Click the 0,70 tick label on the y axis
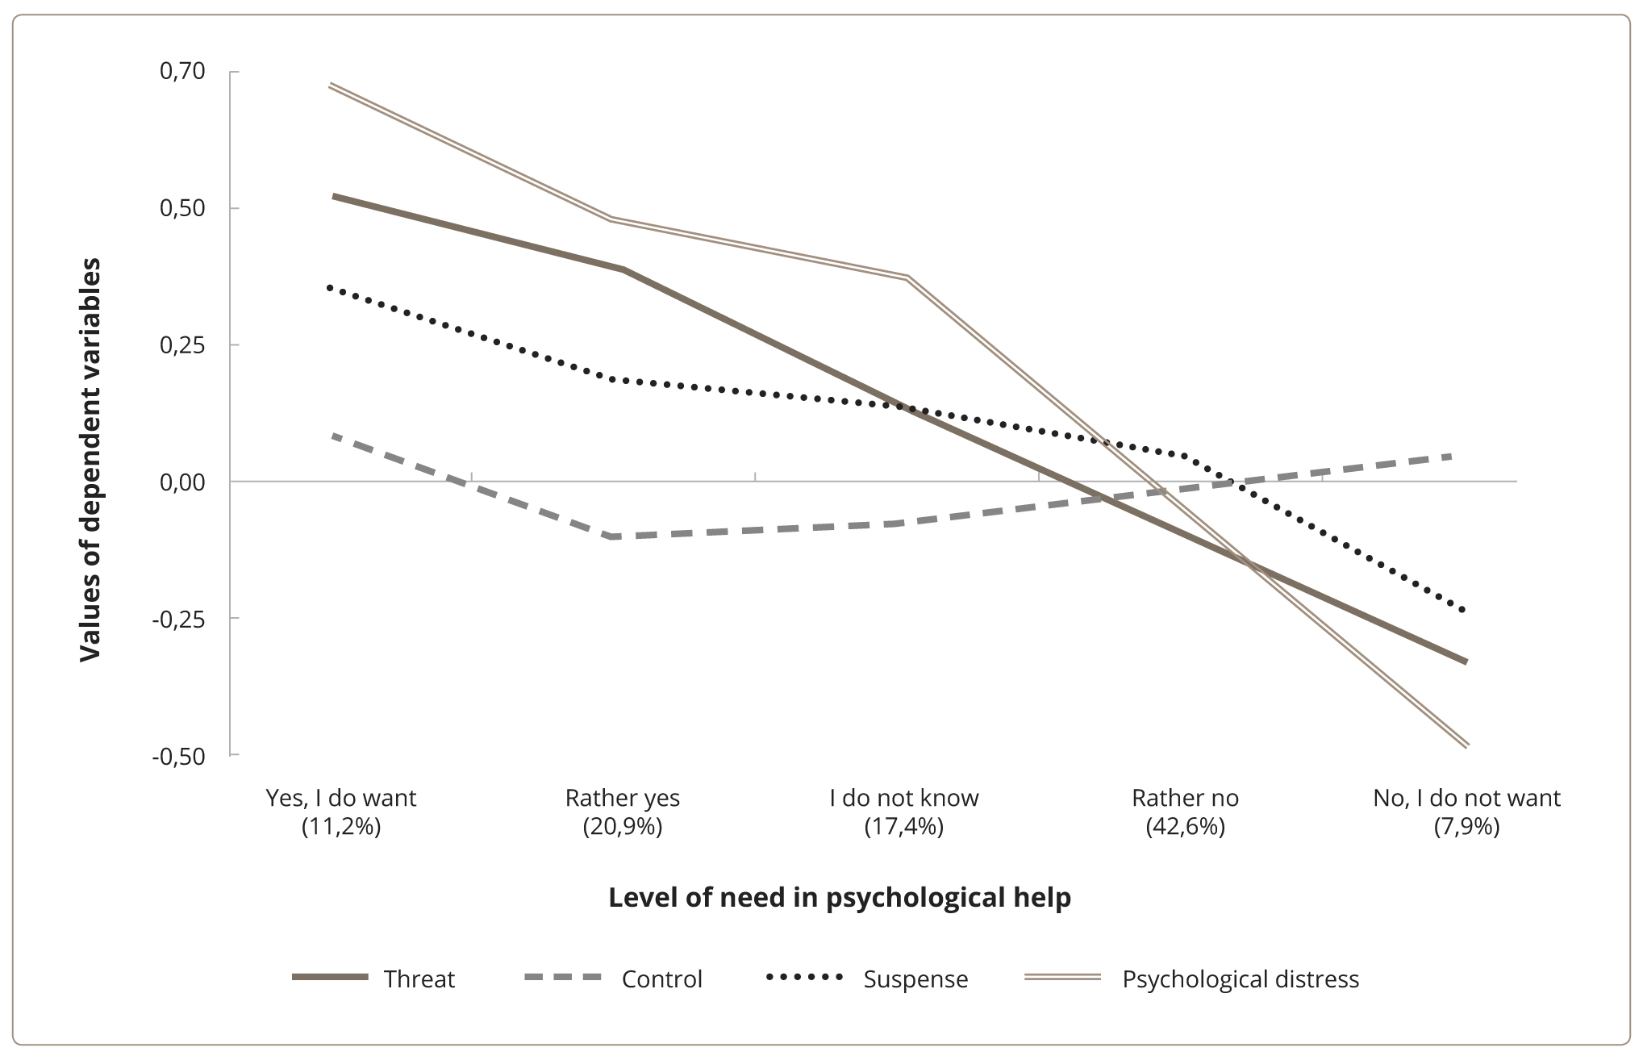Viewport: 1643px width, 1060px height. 183,72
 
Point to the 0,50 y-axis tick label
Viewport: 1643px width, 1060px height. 183,208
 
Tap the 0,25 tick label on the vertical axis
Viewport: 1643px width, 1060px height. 183,345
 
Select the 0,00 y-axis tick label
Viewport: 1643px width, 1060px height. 183,482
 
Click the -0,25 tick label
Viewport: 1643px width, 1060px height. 179,619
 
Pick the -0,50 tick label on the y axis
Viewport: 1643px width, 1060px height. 179,756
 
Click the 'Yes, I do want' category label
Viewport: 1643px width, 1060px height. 341,799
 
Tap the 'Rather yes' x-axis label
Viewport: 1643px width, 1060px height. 623,799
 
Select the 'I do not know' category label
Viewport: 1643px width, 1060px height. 904,799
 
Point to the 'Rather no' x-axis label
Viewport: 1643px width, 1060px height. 1185,799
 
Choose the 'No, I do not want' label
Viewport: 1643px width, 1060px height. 1466,799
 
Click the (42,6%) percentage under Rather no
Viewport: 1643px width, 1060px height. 1185,827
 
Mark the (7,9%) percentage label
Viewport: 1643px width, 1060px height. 1466,827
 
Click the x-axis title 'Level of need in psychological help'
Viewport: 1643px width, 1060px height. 840,898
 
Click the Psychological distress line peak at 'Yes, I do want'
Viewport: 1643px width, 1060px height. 332,85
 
